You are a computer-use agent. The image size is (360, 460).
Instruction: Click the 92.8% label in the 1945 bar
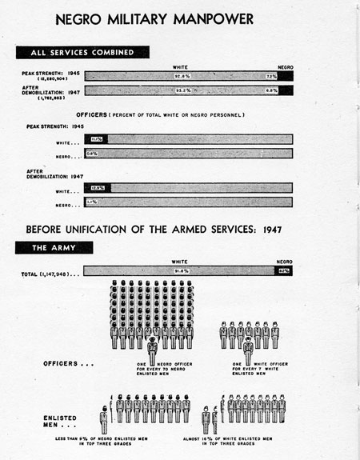(x=186, y=76)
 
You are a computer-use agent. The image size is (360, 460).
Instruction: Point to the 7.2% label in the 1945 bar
(x=271, y=76)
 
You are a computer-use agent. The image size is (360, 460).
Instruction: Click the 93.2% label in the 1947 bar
(x=186, y=90)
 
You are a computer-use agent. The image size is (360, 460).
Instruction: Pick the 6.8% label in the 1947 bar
(x=272, y=90)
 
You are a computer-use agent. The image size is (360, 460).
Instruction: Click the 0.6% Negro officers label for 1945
(x=92, y=153)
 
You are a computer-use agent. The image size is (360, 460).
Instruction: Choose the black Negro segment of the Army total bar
(x=283, y=271)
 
